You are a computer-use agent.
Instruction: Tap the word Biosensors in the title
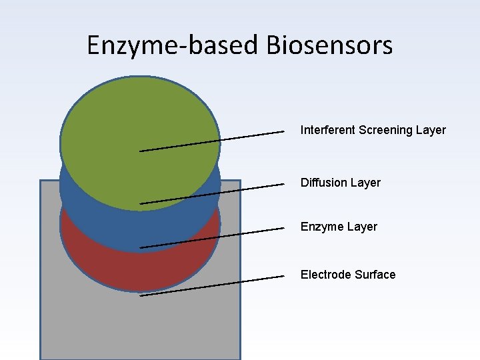(329, 46)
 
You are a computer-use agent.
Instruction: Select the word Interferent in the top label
(327, 130)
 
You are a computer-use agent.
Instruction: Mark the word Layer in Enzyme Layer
(362, 227)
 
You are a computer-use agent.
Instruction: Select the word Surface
(375, 275)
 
